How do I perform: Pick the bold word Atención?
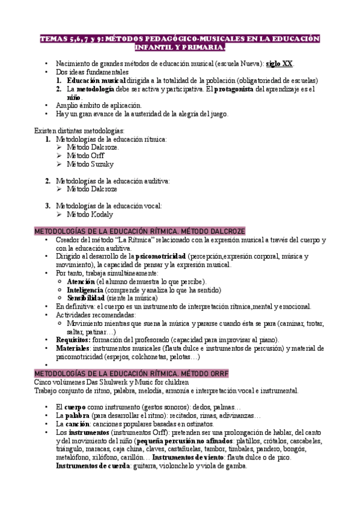[x=81, y=281]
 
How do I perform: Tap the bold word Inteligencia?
[x=87, y=289]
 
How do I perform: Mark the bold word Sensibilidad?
[x=87, y=298]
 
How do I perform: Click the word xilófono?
[x=111, y=457]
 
